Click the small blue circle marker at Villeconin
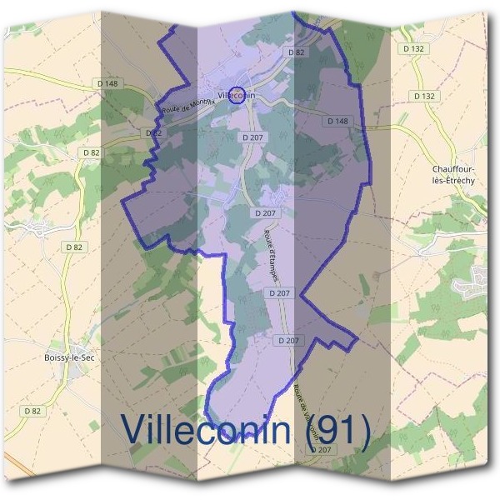click(237, 93)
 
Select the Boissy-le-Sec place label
click(69, 357)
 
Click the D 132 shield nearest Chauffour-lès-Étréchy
click(424, 96)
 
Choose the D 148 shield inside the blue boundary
click(337, 121)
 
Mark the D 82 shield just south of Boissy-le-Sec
click(33, 411)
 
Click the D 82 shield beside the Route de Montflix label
click(153, 132)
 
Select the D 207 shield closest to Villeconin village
click(252, 136)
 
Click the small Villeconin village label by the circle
click(235, 96)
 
